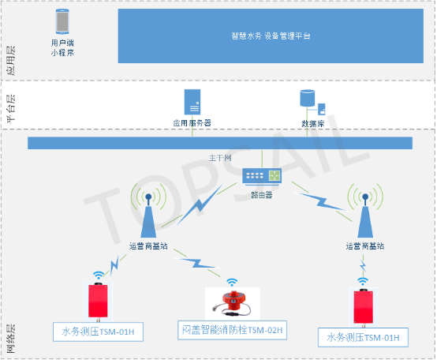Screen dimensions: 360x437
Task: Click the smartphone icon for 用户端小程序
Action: click(63, 21)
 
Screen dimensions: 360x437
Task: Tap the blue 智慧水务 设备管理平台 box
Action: click(271, 36)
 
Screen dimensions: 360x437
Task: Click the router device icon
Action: click(262, 177)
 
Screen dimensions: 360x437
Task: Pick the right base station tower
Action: click(364, 215)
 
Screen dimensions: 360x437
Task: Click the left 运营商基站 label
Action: click(148, 246)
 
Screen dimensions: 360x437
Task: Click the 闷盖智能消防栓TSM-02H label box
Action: click(230, 330)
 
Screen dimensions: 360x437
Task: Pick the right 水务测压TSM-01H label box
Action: click(364, 338)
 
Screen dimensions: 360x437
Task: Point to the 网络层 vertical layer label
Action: click(11, 336)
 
